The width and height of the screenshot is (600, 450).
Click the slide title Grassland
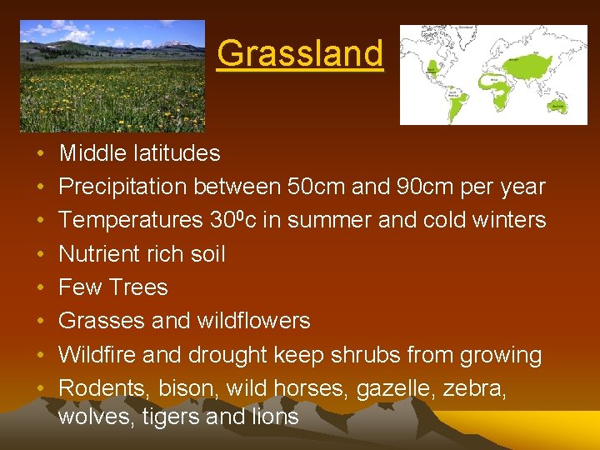(x=300, y=53)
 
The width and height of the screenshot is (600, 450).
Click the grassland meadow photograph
(x=112, y=76)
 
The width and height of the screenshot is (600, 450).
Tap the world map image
(x=493, y=74)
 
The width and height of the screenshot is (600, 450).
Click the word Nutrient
(x=98, y=253)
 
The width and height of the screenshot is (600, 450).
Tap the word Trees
(x=137, y=287)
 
